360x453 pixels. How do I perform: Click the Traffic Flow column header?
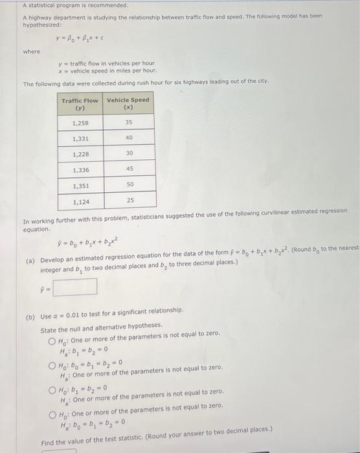[x=80, y=104]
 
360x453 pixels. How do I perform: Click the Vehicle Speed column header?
[x=128, y=104]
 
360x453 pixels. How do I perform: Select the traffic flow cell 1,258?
[x=80, y=122]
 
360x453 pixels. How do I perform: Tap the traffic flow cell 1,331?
[x=80, y=138]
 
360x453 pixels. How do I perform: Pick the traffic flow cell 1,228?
[x=80, y=153]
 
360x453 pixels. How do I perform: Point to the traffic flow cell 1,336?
[x=80, y=170]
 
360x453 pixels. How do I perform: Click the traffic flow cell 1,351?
[x=80, y=185]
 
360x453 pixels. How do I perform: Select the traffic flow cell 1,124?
[x=80, y=201]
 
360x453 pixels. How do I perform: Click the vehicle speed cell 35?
[x=128, y=122]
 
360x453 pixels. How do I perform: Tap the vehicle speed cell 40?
[x=128, y=138]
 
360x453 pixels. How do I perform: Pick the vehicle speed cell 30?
[x=128, y=153]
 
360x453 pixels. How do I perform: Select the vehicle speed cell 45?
[x=128, y=170]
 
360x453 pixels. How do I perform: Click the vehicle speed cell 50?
[x=128, y=185]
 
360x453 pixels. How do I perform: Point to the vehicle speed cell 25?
[x=128, y=201]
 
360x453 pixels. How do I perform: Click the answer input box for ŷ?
[x=75, y=286]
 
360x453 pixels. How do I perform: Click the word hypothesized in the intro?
[x=43, y=25]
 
